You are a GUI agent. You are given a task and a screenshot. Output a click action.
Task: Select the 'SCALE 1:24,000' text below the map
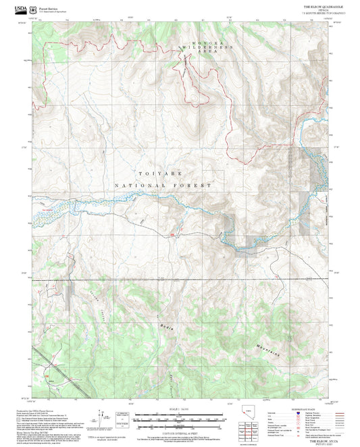coord(180,408)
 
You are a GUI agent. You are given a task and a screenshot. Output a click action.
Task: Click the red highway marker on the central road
coord(174,234)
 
